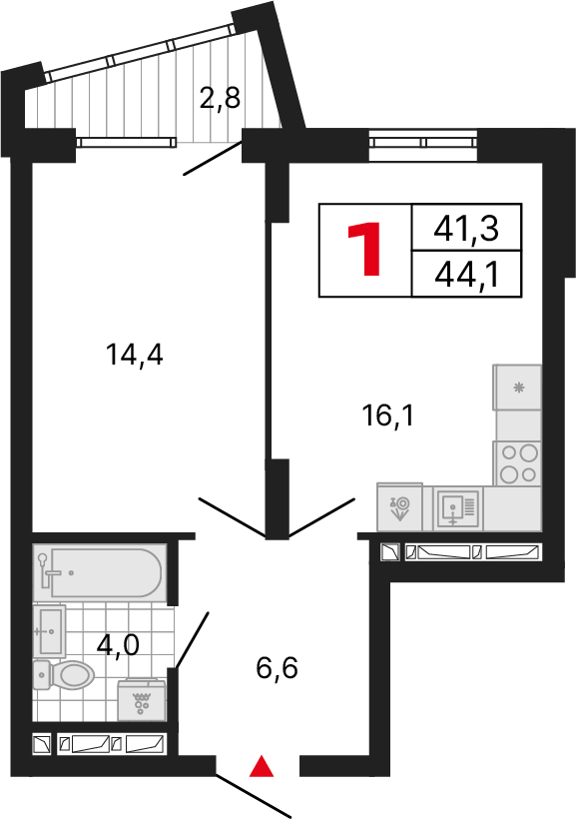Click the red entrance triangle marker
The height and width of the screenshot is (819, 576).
[261, 766]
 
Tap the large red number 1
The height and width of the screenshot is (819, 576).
[365, 250]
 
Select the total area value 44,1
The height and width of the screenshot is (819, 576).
[466, 274]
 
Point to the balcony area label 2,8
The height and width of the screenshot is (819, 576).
[220, 101]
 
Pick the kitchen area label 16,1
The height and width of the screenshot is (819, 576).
[386, 413]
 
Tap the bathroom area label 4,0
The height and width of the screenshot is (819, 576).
[118, 644]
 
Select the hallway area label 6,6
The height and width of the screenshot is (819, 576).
[278, 667]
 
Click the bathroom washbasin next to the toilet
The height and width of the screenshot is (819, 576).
[49, 630]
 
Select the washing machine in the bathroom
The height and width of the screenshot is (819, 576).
[142, 700]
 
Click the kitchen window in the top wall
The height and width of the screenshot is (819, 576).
[425, 142]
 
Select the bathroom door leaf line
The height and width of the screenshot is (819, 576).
[193, 638]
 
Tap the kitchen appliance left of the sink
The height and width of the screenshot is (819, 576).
[400, 508]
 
